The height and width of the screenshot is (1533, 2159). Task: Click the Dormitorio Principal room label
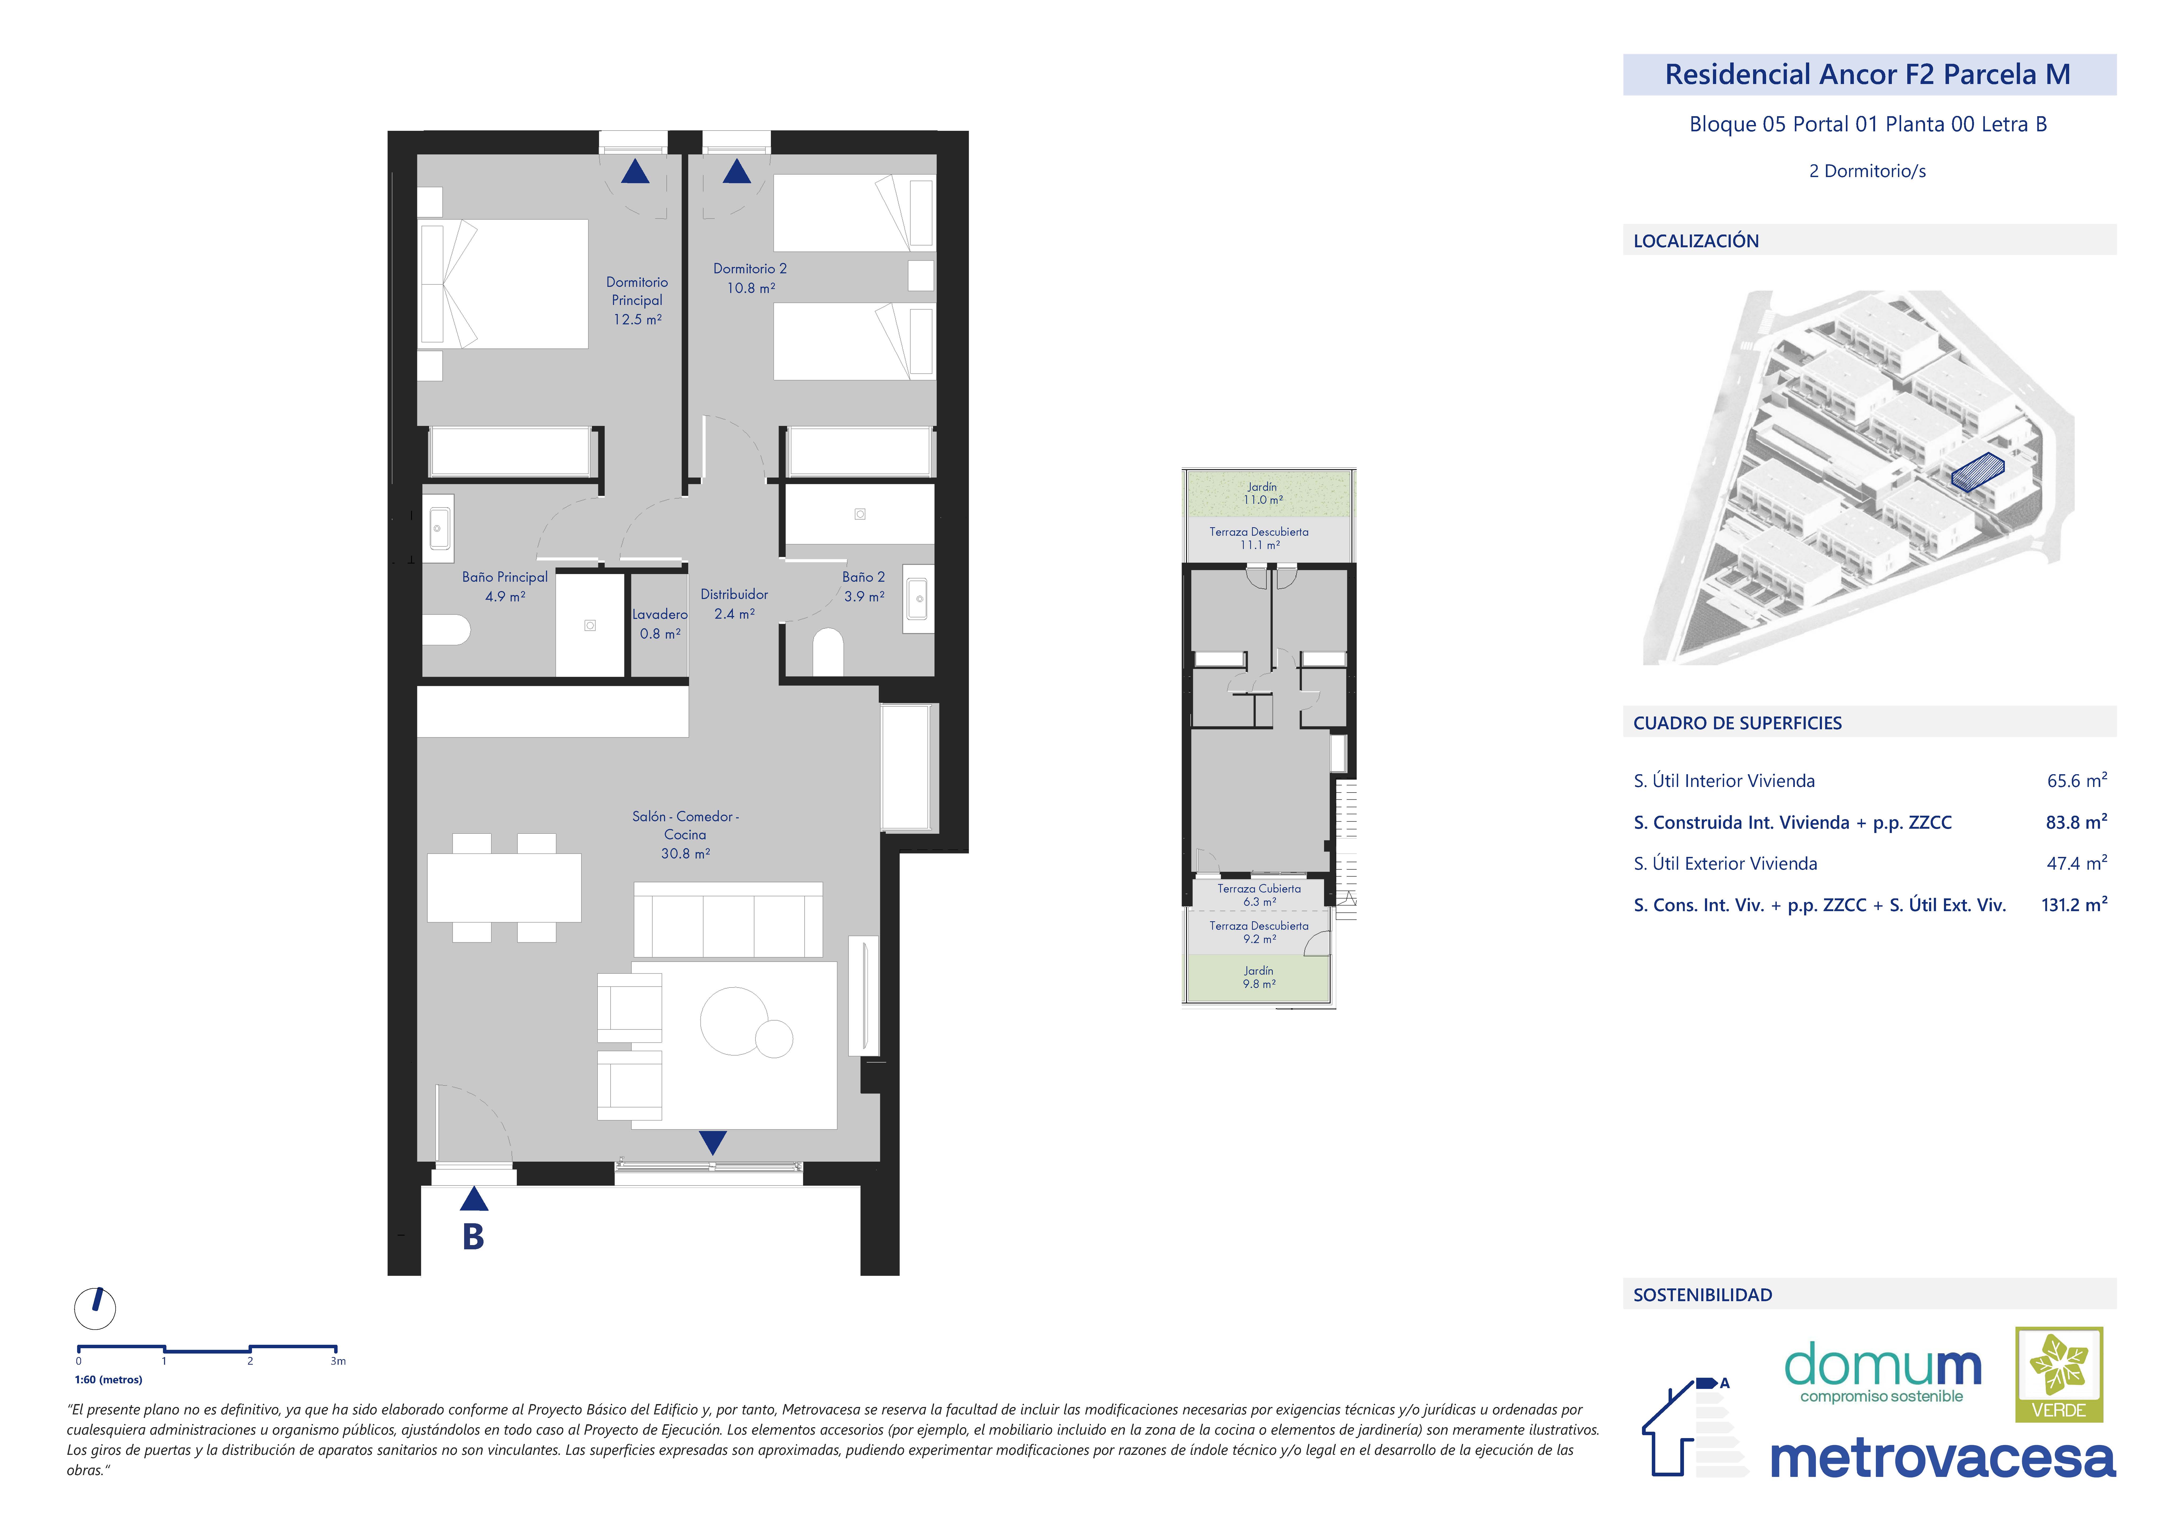click(637, 291)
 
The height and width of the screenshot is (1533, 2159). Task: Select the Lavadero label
click(660, 614)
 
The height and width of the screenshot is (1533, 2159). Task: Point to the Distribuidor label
click(734, 594)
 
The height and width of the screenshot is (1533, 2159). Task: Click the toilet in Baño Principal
click(446, 630)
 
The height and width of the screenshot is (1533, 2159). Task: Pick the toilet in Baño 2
click(828, 652)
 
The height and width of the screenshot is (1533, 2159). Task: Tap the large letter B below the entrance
click(474, 1237)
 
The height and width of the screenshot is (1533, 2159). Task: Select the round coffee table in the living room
click(734, 1020)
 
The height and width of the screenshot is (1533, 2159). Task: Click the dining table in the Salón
click(504, 887)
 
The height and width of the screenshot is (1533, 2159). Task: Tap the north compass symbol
click(95, 1308)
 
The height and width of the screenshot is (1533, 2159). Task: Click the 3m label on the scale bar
click(338, 1361)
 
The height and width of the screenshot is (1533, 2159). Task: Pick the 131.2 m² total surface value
click(2074, 904)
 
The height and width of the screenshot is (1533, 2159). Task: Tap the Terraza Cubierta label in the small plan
click(1259, 888)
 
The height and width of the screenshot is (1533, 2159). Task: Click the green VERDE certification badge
click(2059, 1375)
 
